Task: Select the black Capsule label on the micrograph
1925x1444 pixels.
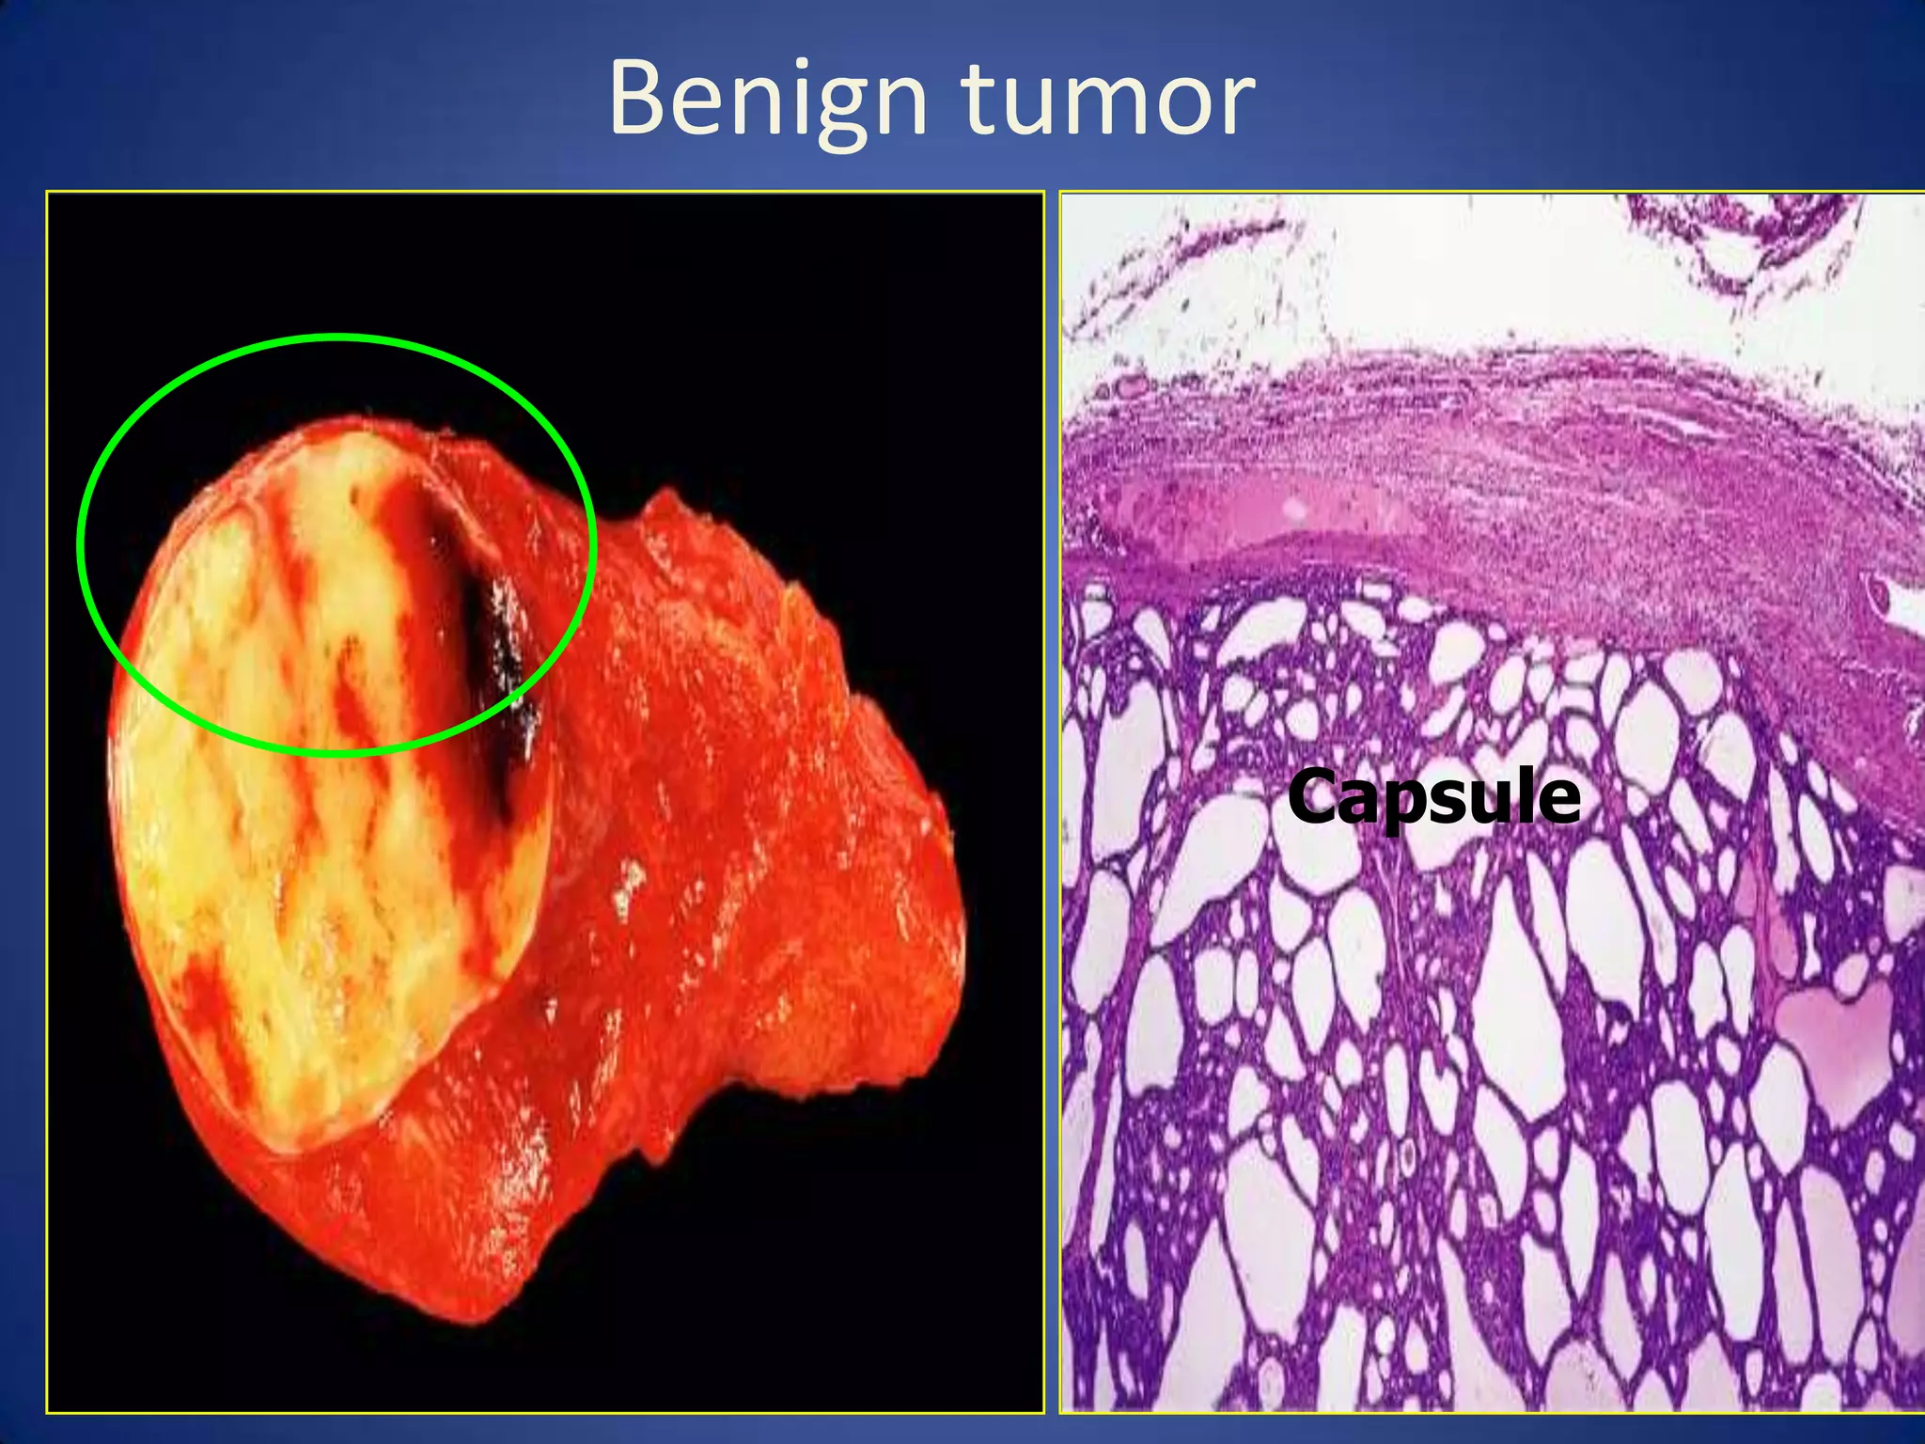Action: pyautogui.click(x=1433, y=796)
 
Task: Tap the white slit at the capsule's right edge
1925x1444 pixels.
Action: pyautogui.click(x=1899, y=602)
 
